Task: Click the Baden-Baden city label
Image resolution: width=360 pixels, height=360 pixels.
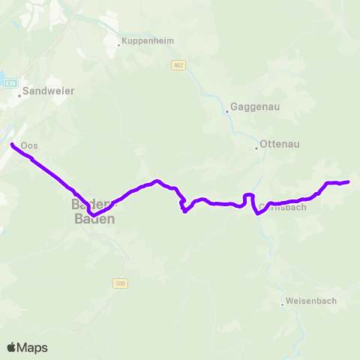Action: click(x=94, y=212)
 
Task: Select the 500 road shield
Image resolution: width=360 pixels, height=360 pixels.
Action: click(x=121, y=283)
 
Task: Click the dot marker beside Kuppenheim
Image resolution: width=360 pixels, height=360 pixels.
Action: click(x=118, y=44)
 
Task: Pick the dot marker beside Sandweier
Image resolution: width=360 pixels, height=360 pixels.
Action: click(x=19, y=95)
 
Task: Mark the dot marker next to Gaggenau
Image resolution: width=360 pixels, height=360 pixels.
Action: click(x=227, y=112)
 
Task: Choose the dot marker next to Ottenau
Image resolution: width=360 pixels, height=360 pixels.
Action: click(x=256, y=148)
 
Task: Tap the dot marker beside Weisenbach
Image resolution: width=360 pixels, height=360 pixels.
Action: click(x=283, y=304)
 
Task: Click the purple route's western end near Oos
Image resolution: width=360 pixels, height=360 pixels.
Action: click(x=13, y=143)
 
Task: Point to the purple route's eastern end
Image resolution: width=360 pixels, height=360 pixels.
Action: click(x=349, y=181)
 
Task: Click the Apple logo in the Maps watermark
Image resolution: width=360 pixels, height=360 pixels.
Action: click(x=12, y=347)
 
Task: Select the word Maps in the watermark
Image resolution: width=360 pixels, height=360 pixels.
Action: click(x=33, y=348)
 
